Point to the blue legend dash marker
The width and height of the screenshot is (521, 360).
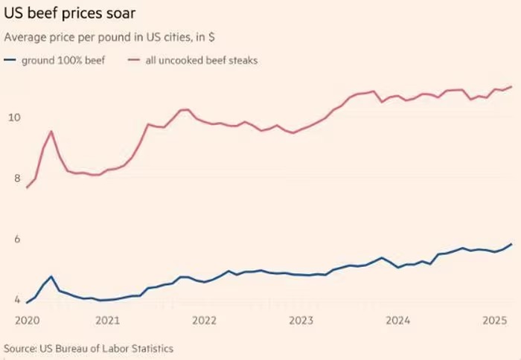pyautogui.click(x=10, y=60)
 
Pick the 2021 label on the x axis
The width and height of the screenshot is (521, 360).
pyautogui.click(x=108, y=321)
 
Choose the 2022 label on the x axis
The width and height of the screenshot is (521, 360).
pyautogui.click(x=205, y=321)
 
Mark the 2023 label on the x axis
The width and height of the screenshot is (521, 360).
pyautogui.click(x=301, y=321)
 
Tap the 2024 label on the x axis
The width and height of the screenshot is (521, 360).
pyautogui.click(x=398, y=321)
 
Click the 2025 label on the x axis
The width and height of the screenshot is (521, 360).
pyautogui.click(x=494, y=321)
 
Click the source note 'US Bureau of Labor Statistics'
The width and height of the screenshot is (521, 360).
pyautogui.click(x=89, y=347)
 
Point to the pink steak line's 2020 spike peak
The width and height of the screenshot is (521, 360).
pyautogui.click(x=51, y=132)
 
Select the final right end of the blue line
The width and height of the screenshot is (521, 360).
pyautogui.click(x=511, y=244)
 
